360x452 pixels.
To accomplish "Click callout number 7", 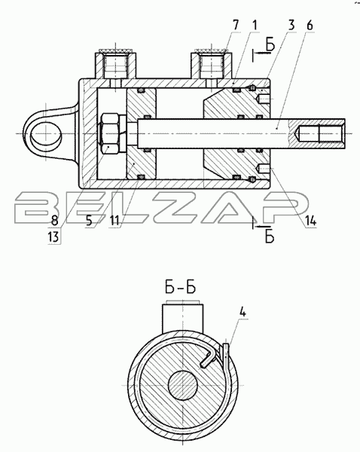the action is pyautogui.click(x=236, y=26).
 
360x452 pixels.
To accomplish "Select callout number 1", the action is pyautogui.click(x=255, y=26).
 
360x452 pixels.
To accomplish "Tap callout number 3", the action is pyautogui.click(x=291, y=26).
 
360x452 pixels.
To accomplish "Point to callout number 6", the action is pyautogui.click(x=310, y=26).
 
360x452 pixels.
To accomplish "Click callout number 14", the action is pyautogui.click(x=311, y=221).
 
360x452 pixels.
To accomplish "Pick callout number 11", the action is pyautogui.click(x=114, y=221).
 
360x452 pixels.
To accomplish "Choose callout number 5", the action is pyautogui.click(x=89, y=221).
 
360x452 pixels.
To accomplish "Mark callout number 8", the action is pyautogui.click(x=54, y=221).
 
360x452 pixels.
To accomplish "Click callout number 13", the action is pyautogui.click(x=54, y=237).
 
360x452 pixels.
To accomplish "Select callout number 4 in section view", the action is pyautogui.click(x=243, y=312).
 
